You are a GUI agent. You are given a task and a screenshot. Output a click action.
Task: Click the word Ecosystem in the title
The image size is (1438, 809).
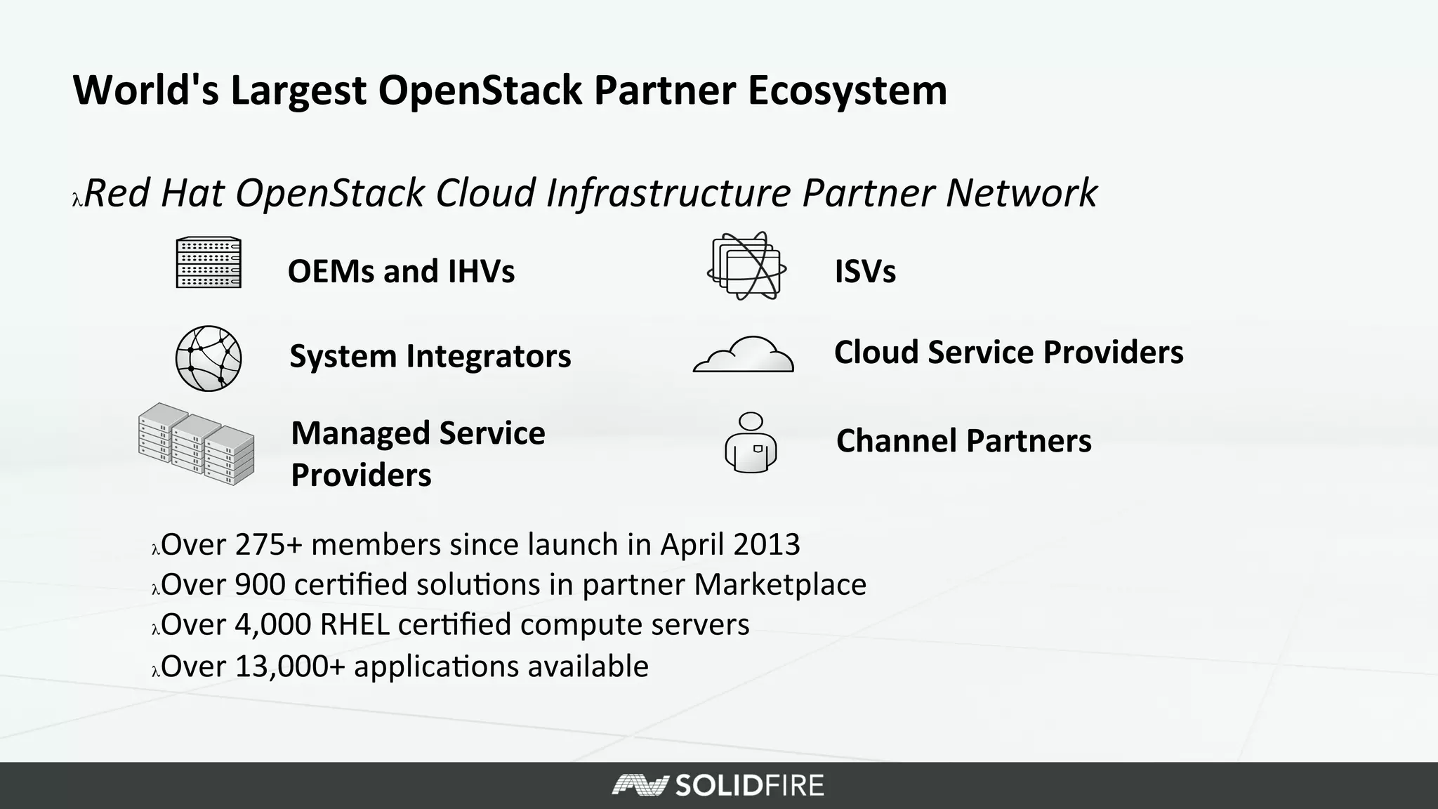[847, 91]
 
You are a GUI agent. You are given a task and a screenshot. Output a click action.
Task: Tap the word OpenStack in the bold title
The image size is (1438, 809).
[480, 91]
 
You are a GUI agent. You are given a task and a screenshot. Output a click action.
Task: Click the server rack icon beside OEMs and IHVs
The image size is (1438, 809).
[209, 263]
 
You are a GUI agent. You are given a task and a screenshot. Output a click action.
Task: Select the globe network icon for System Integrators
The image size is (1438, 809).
[209, 358]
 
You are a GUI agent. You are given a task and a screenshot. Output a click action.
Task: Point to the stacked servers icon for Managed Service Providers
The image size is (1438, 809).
[197, 444]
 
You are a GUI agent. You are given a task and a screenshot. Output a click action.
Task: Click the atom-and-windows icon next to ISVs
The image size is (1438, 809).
[746, 266]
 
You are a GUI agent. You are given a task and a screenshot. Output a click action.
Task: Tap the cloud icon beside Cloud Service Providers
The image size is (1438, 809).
[744, 355]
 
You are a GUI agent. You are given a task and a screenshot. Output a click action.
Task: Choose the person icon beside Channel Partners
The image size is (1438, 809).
[751, 442]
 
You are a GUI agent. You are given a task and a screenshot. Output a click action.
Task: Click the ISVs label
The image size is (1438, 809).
[864, 271]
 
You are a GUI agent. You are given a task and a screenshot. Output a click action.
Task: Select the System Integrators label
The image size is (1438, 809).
[430, 356]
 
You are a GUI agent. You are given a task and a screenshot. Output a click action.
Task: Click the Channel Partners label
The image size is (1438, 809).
[963, 441]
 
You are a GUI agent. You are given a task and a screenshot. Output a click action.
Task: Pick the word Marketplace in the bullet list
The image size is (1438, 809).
[780, 584]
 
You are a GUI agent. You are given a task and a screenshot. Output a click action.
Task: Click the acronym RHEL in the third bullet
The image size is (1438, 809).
[354, 624]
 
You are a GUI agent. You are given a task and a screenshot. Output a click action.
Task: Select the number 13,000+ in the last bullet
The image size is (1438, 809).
[290, 666]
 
